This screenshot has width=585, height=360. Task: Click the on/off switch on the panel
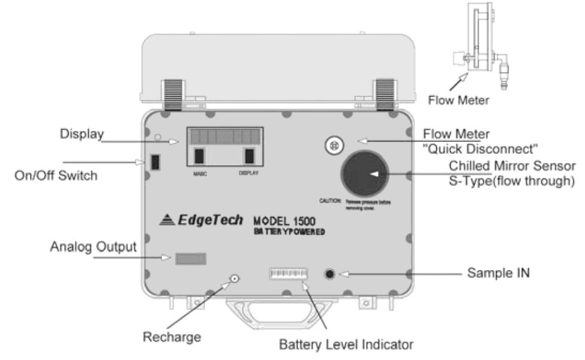(155, 162)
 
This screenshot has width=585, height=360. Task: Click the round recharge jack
(234, 280)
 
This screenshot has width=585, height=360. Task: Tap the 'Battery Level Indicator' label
(347, 344)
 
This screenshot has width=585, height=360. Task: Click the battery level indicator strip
(287, 274)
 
